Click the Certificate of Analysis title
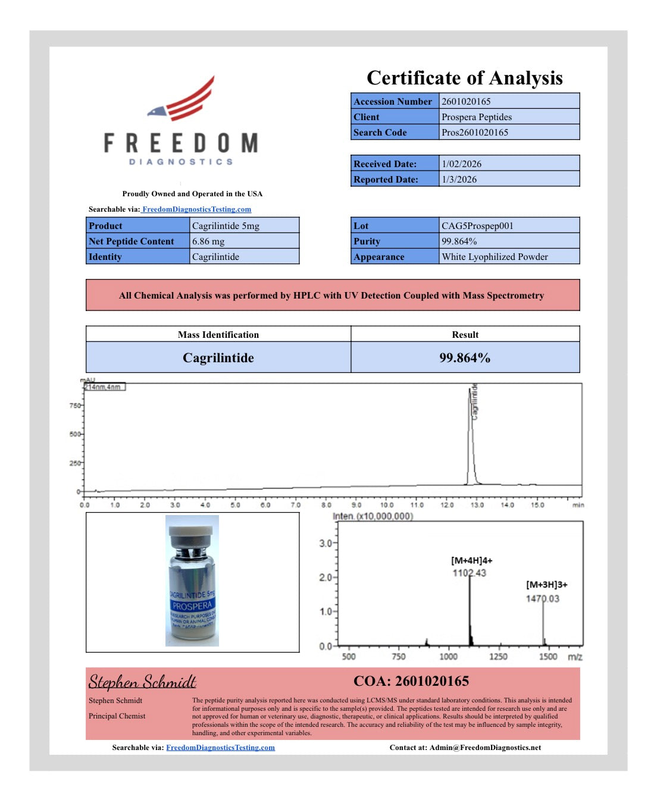point(464,78)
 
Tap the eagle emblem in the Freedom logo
point(158,111)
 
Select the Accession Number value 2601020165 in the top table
point(466,102)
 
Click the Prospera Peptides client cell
point(476,117)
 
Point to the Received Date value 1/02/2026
point(461,164)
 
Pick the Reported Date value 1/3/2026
point(459,180)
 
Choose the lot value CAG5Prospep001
point(477,226)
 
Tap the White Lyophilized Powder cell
point(494,257)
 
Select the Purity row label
point(367,241)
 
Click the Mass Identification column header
point(218,335)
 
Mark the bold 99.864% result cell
point(465,358)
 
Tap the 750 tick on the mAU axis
point(75,406)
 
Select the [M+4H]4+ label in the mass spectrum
point(471,561)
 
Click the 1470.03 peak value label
point(542,599)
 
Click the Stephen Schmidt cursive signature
point(142,682)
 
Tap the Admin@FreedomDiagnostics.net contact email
point(485,748)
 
